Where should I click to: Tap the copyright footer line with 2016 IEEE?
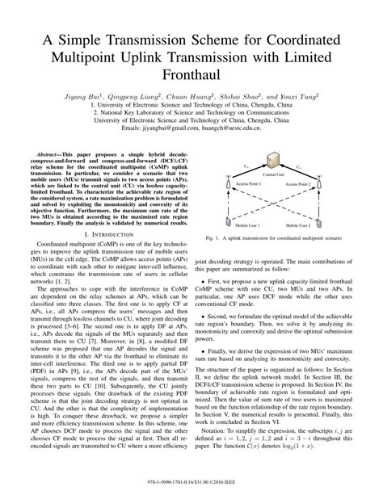pos(191,487)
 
